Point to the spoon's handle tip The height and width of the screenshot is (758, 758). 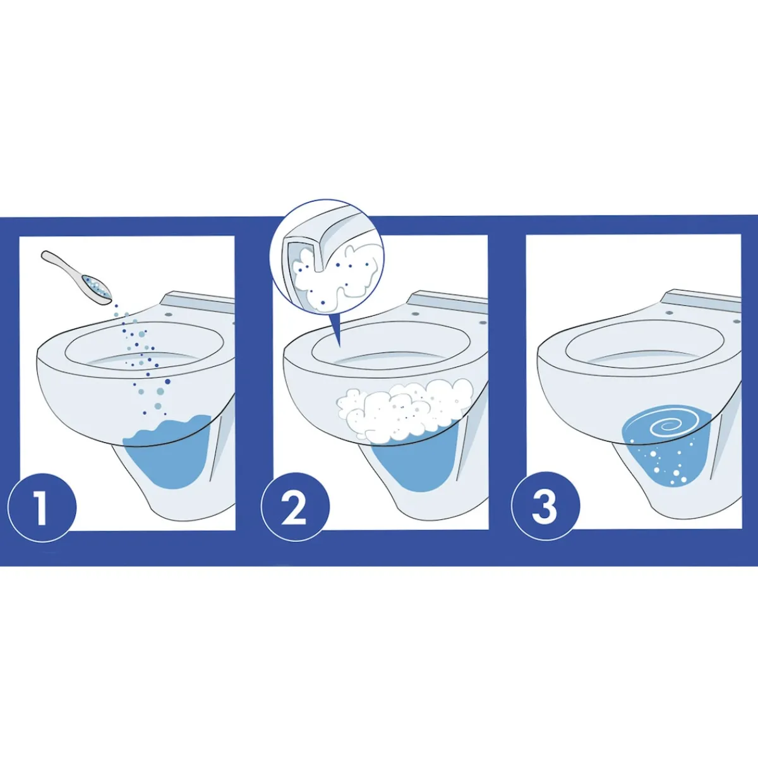44,254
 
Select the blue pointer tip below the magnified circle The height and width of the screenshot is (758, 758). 339,347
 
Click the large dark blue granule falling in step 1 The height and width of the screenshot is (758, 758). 167,381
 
